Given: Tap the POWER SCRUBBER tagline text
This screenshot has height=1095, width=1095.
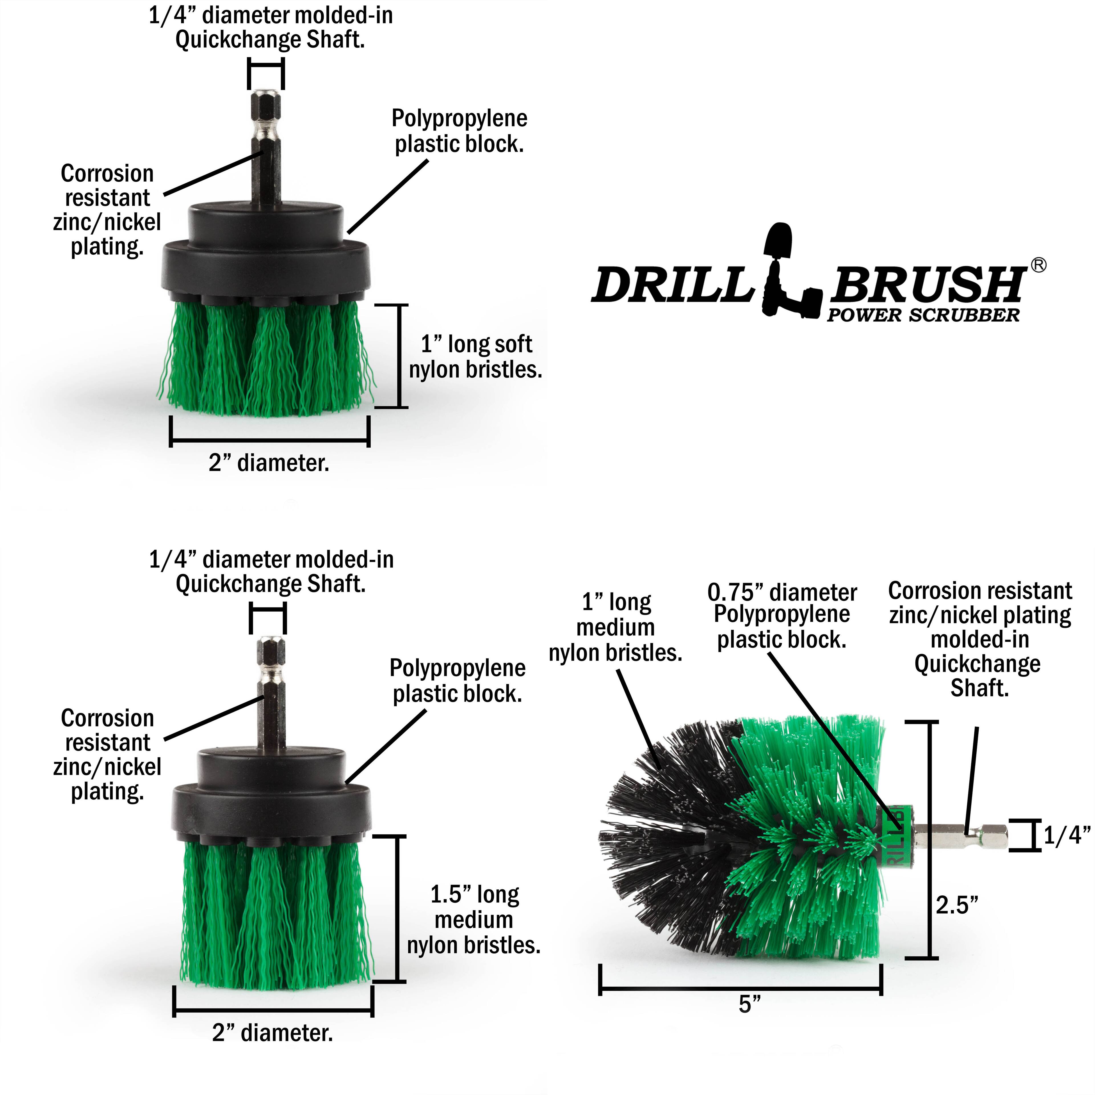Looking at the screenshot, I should point(923,316).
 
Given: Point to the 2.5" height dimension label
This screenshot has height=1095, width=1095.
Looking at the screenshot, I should point(957,905).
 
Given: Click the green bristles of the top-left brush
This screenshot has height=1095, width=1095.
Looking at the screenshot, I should point(266,357).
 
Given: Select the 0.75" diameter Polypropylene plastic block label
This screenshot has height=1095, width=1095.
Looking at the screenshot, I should point(782,616).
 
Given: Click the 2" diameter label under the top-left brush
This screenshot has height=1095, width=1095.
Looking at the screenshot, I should point(269,463).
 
